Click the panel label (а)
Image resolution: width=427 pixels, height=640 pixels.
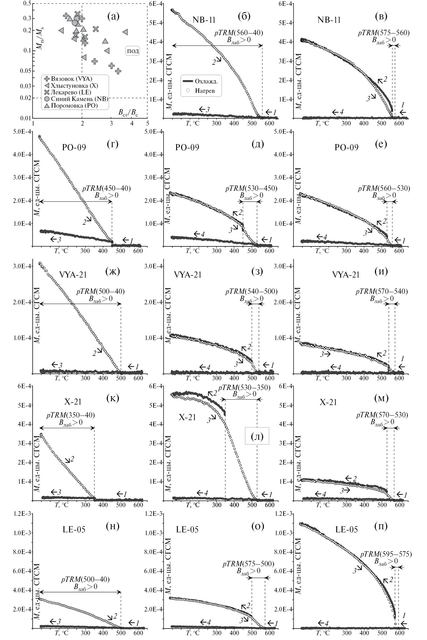tap(113, 17)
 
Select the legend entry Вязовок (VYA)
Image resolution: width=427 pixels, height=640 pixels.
tap(71, 79)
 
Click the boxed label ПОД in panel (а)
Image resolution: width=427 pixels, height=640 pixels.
tap(133, 51)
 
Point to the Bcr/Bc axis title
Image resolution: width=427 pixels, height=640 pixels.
tap(128, 112)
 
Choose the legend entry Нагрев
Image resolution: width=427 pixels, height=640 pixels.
tap(204, 91)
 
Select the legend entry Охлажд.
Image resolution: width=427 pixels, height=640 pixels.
tap(206, 81)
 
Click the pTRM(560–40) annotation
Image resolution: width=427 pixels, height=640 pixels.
tap(239, 33)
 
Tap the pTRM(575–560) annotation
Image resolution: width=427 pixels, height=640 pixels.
tap(384, 33)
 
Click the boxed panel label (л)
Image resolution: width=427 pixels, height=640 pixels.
tap(257, 436)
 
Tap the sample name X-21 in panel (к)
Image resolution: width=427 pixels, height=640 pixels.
tap(73, 402)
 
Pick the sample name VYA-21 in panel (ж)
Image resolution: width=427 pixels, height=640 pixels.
tap(73, 275)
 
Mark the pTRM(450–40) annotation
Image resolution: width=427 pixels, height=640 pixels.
tap(107, 189)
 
